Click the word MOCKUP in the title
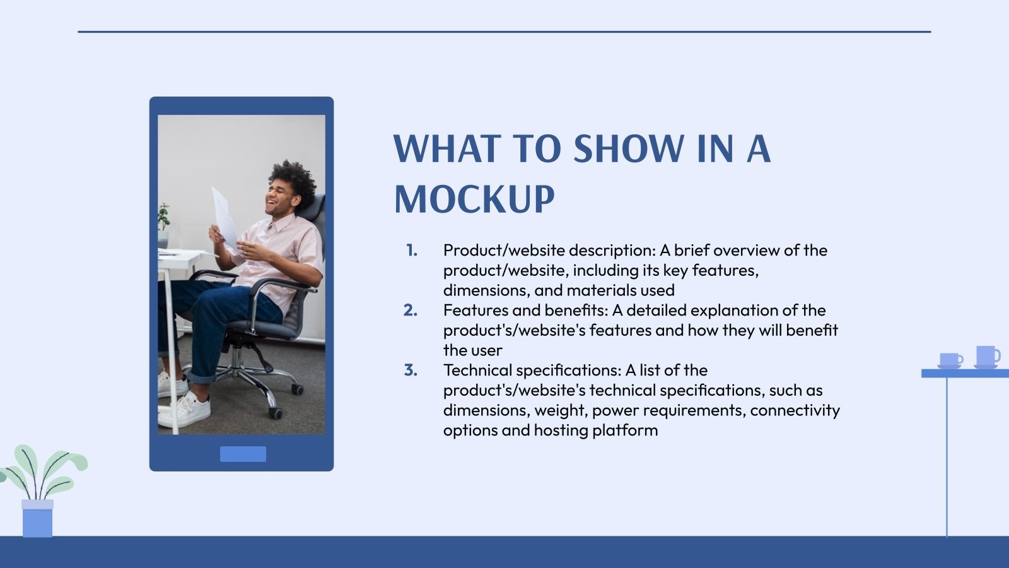click(474, 199)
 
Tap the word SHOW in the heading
click(629, 150)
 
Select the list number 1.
click(412, 251)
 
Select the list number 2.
click(411, 311)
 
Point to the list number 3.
click(411, 370)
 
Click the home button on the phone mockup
click(243, 454)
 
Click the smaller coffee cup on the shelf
click(950, 360)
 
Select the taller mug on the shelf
click(986, 356)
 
